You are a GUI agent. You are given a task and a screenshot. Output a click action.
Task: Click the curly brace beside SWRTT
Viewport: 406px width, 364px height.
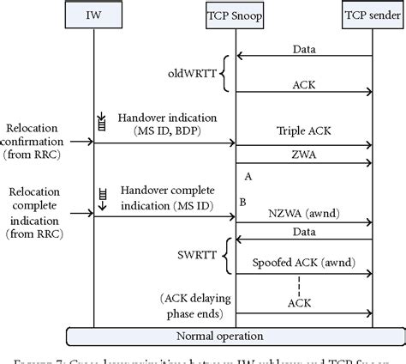[224, 255]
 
